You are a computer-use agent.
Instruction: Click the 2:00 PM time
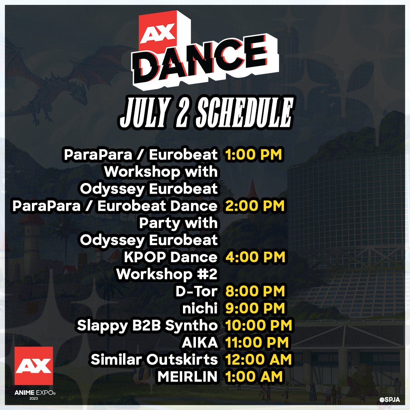(x=254, y=206)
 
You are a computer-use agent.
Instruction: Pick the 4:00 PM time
(x=254, y=257)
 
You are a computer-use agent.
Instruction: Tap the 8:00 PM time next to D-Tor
(x=254, y=292)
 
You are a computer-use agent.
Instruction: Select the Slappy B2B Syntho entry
(x=147, y=325)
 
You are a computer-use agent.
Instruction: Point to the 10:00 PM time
(x=259, y=325)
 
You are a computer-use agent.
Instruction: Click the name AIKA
(x=200, y=342)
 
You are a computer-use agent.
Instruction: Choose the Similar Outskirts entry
(x=154, y=360)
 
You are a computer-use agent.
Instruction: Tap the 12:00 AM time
(x=259, y=360)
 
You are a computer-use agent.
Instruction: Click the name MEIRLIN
(x=187, y=377)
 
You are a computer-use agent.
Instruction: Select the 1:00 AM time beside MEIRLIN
(x=254, y=377)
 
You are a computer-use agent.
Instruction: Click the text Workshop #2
(x=167, y=274)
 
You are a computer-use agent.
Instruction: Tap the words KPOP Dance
(x=170, y=257)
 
